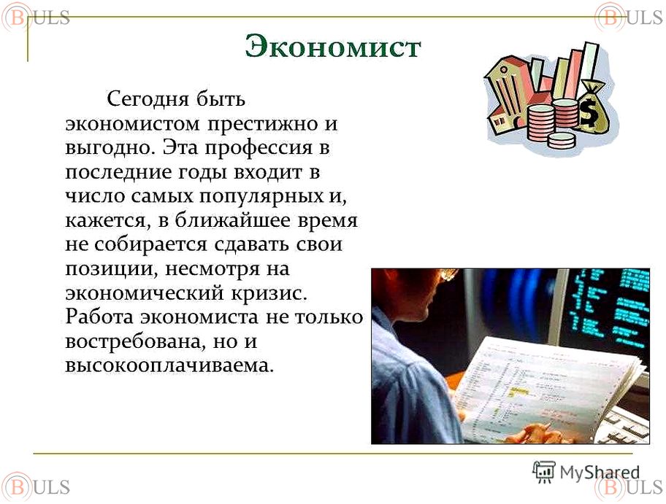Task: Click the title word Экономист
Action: click(333, 46)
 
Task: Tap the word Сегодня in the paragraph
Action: click(148, 99)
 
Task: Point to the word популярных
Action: click(259, 197)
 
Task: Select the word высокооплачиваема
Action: click(169, 365)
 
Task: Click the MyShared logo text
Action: click(600, 472)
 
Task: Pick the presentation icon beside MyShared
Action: click(543, 472)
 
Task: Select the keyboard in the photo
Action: click(624, 424)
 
